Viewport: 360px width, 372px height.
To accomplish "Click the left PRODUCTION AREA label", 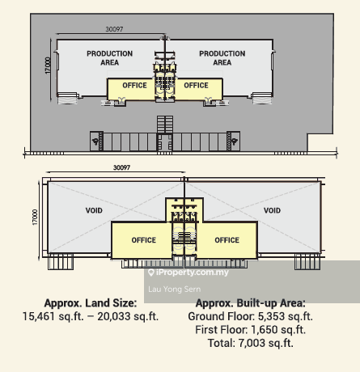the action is pyautogui.click(x=109, y=58).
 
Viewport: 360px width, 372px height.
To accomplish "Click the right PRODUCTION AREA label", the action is pyautogui.click(x=222, y=58).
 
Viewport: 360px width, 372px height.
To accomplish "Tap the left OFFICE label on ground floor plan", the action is pyautogui.click(x=134, y=86).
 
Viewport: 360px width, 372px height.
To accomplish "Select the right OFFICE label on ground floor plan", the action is pyautogui.click(x=196, y=86).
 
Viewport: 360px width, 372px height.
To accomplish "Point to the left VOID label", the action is pyautogui.click(x=94, y=210).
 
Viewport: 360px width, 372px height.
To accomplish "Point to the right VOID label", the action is pyautogui.click(x=272, y=210).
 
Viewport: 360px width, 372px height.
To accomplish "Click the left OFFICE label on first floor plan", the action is pyautogui.click(x=144, y=240).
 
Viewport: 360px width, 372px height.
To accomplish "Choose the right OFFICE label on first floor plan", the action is pyautogui.click(x=227, y=240).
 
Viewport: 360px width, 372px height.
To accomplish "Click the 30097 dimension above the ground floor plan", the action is pyautogui.click(x=114, y=29).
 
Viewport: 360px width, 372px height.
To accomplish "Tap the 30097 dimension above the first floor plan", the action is pyautogui.click(x=121, y=167).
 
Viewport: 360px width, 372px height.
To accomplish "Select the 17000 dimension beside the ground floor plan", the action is pyautogui.click(x=48, y=66).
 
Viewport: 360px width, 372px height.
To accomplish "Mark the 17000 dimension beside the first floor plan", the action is pyautogui.click(x=35, y=218).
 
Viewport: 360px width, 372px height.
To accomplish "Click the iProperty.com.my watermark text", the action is pyautogui.click(x=192, y=273).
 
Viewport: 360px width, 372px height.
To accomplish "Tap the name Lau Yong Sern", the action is pyautogui.click(x=175, y=290).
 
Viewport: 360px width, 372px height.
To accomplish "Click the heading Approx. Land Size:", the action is pyautogui.click(x=91, y=303).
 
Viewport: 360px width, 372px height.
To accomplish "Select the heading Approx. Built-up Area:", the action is pyautogui.click(x=251, y=303).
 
